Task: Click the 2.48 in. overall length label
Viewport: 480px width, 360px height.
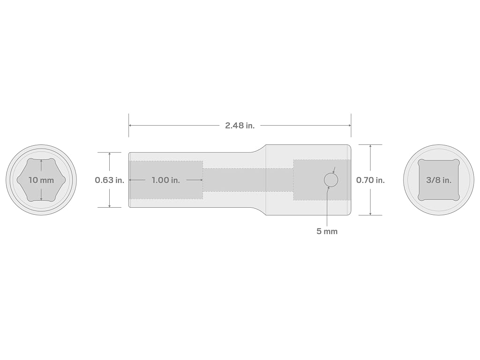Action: [x=240, y=125]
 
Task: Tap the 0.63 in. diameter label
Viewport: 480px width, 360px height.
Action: [x=110, y=180]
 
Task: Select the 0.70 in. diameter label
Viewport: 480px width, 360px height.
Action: [x=370, y=180]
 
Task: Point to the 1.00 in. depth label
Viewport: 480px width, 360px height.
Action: [x=165, y=180]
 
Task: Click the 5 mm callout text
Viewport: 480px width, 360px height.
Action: [x=327, y=231]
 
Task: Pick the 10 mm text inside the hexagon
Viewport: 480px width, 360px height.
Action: [x=41, y=180]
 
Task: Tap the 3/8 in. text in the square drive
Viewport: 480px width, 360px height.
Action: [x=439, y=180]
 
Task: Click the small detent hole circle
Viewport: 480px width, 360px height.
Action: [x=331, y=180]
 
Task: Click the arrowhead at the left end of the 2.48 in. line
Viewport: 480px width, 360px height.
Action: [x=130, y=125]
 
